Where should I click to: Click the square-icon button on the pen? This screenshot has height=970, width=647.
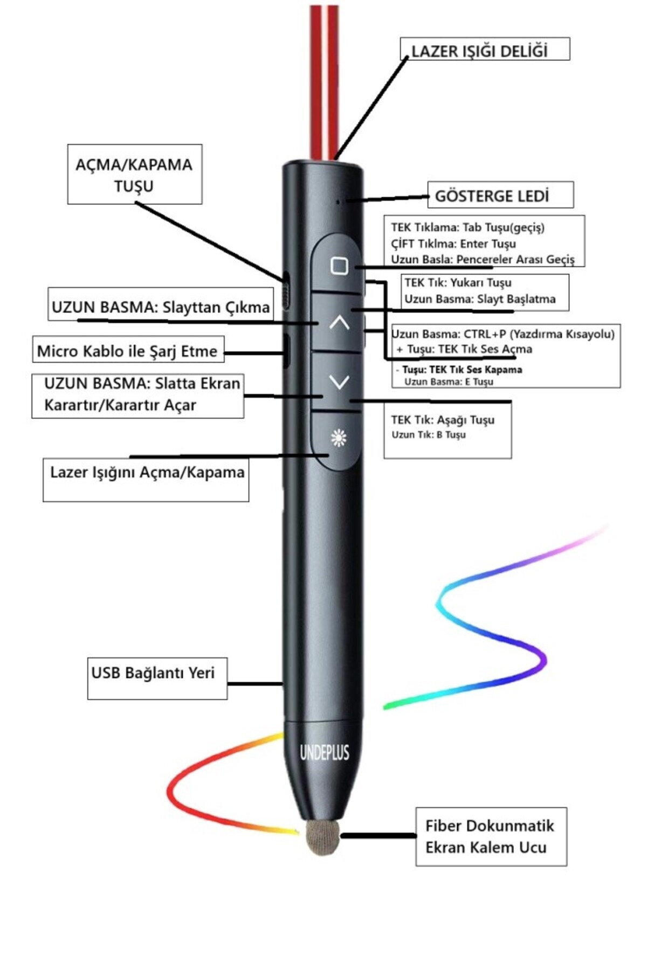click(x=339, y=266)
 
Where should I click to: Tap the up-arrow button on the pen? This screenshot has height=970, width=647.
click(x=339, y=323)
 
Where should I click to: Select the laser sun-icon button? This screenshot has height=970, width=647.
click(x=339, y=438)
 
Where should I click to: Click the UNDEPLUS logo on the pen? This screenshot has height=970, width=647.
click(x=325, y=752)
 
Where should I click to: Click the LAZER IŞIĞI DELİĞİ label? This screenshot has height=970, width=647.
click(x=479, y=51)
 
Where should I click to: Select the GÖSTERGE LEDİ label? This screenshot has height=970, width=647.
click(x=492, y=196)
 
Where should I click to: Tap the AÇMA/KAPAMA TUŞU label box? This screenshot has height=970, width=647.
click(x=134, y=175)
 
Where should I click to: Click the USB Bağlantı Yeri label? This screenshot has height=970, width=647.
click(x=153, y=673)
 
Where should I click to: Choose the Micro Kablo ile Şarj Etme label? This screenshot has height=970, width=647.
click(x=127, y=351)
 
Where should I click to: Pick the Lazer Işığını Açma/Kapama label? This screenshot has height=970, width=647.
click(x=147, y=473)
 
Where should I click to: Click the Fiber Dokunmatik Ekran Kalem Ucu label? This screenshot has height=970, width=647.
click(x=490, y=836)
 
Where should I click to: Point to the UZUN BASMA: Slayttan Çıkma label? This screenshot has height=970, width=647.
click(x=160, y=307)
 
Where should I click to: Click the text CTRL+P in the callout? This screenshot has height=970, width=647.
click(x=485, y=334)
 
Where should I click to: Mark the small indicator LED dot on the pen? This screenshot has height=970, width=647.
click(x=338, y=202)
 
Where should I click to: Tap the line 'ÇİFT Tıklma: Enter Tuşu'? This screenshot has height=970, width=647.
click(x=453, y=244)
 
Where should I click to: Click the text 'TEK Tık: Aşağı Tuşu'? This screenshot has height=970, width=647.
click(x=443, y=420)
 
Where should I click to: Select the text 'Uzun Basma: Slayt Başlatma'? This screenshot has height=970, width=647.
click(x=480, y=299)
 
